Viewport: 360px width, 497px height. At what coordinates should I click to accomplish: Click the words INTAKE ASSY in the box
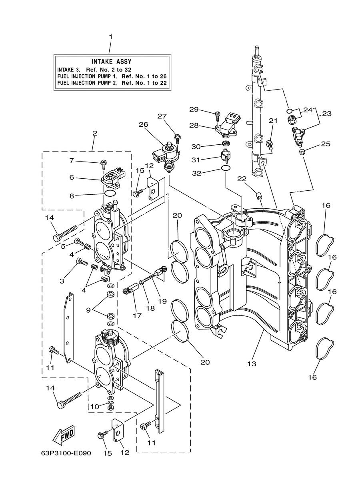coord(112,62)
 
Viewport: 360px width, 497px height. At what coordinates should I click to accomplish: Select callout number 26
coord(143,124)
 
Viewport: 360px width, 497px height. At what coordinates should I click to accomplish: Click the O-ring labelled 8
coord(110,193)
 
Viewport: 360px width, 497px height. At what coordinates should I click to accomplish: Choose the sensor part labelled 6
coord(113,178)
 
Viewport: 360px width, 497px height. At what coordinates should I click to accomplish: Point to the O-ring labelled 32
coord(226,169)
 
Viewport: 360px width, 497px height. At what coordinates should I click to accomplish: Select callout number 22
coord(242,179)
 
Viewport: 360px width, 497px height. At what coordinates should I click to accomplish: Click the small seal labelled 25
coord(302,152)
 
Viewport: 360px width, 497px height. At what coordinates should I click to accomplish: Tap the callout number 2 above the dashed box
coord(95,133)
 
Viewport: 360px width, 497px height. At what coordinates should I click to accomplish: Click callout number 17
coord(137,315)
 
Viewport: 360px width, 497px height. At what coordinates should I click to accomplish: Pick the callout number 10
coord(94,407)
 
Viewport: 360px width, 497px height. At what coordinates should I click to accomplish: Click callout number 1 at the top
coord(110,37)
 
